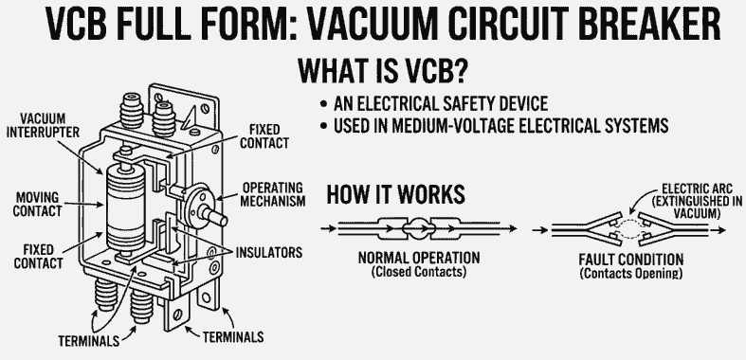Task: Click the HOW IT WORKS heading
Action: (x=395, y=195)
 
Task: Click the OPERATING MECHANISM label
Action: (x=274, y=193)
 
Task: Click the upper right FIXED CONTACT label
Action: (x=262, y=136)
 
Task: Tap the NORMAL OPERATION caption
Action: (x=418, y=258)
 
